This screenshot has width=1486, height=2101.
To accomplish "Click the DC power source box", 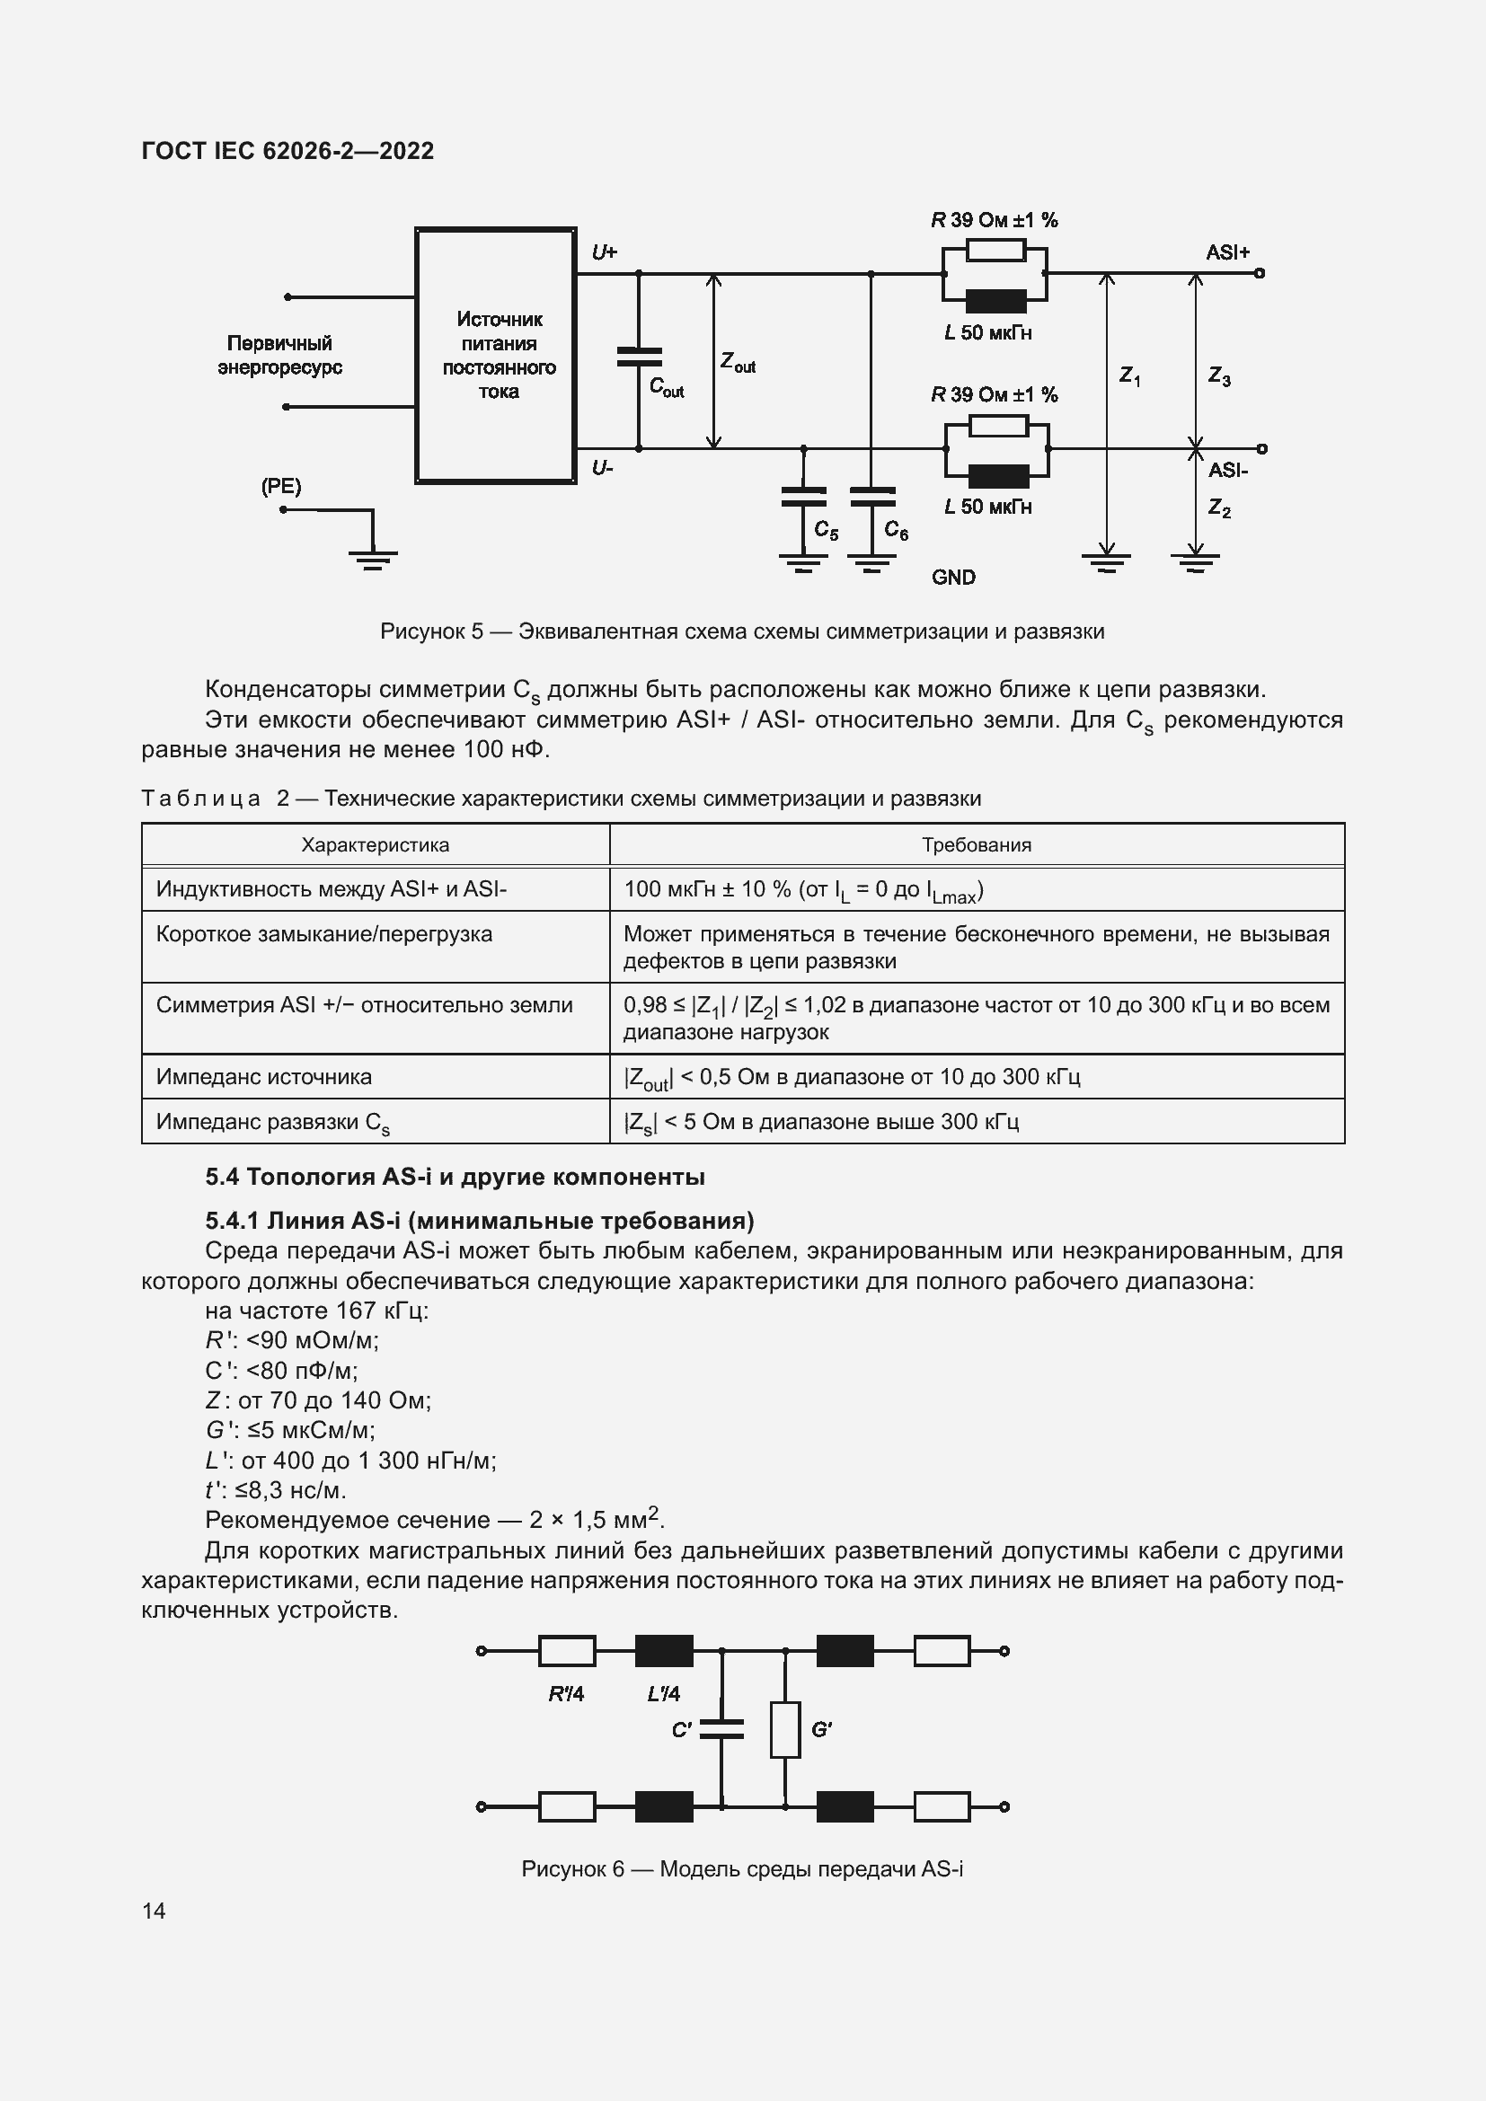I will click(x=496, y=355).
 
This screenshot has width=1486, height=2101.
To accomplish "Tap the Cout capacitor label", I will click(x=666, y=387).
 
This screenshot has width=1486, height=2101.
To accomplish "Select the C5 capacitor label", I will click(x=826, y=531).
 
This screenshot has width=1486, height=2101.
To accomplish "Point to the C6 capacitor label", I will click(x=896, y=531).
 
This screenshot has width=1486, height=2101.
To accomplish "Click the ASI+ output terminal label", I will click(x=1227, y=252).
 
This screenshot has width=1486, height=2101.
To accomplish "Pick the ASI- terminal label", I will click(x=1227, y=471).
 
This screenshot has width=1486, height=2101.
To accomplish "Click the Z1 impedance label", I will click(x=1130, y=376).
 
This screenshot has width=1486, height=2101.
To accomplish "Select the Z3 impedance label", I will click(x=1219, y=376).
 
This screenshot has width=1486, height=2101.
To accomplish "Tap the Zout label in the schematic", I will click(x=738, y=362).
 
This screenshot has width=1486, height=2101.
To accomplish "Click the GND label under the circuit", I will click(x=953, y=578).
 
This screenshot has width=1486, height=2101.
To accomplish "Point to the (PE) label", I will click(x=281, y=487).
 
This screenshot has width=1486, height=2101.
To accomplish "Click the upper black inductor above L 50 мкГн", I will click(x=996, y=301).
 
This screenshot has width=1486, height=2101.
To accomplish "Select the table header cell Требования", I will click(x=977, y=844).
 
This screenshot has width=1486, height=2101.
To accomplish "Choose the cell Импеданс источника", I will click(x=264, y=1076).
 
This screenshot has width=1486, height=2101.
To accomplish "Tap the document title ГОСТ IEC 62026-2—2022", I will click(x=288, y=151).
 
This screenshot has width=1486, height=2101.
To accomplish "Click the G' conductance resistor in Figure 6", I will click(x=784, y=1729).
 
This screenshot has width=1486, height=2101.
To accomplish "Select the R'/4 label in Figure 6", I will click(x=565, y=1694).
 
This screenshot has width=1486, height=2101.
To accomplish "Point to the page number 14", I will click(x=154, y=1911).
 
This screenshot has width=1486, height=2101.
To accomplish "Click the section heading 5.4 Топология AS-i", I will click(x=455, y=1177).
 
